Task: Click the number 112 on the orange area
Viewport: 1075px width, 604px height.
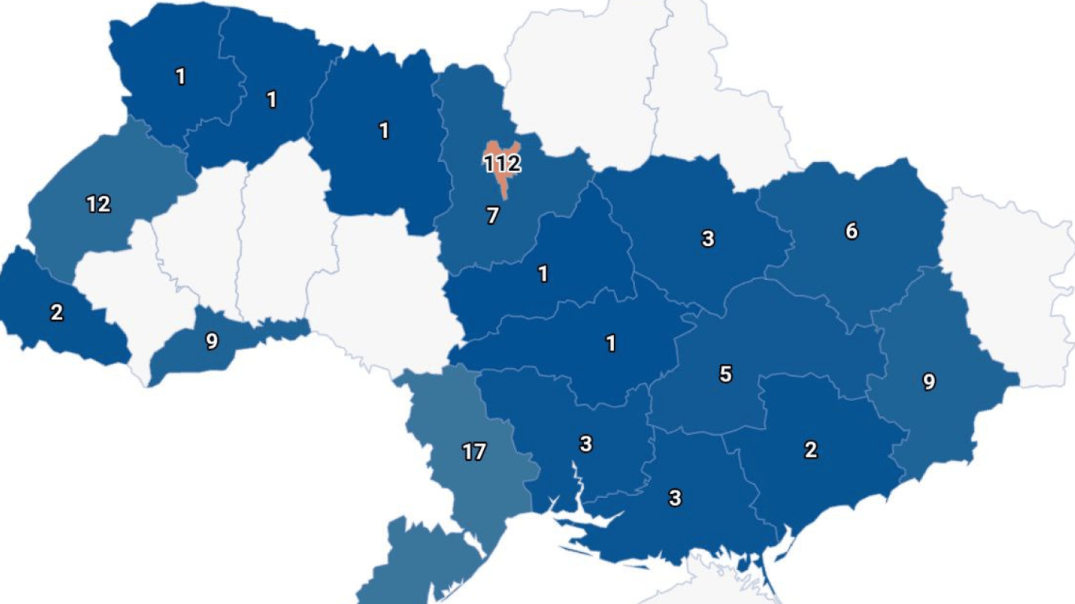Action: tap(502, 164)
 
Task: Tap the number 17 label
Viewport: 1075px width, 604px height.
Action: tap(474, 452)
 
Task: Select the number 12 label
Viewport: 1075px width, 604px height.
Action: tap(98, 204)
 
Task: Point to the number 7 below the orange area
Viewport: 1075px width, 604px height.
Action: tap(493, 215)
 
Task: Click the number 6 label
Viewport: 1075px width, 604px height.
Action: tap(852, 231)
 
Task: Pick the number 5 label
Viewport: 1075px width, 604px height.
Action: tap(726, 374)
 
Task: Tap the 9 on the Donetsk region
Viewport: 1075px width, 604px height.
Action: tap(929, 382)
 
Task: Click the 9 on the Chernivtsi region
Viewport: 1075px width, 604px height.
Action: tap(212, 342)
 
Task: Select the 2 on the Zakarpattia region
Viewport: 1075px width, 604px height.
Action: tap(57, 312)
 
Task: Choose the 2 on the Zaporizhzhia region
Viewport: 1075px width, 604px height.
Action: tap(811, 450)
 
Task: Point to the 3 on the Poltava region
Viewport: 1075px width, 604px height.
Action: tap(707, 239)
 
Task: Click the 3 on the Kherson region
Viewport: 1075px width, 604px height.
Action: tap(674, 498)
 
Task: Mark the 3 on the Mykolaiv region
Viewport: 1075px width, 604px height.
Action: tap(586, 444)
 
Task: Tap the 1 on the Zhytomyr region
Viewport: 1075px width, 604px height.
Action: tap(384, 131)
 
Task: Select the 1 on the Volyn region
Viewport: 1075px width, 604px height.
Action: tap(181, 76)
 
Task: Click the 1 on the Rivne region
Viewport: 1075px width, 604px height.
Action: tap(272, 100)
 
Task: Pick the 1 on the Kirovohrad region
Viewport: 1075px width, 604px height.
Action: tap(611, 344)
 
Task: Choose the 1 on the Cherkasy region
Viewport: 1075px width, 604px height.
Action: tap(543, 274)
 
